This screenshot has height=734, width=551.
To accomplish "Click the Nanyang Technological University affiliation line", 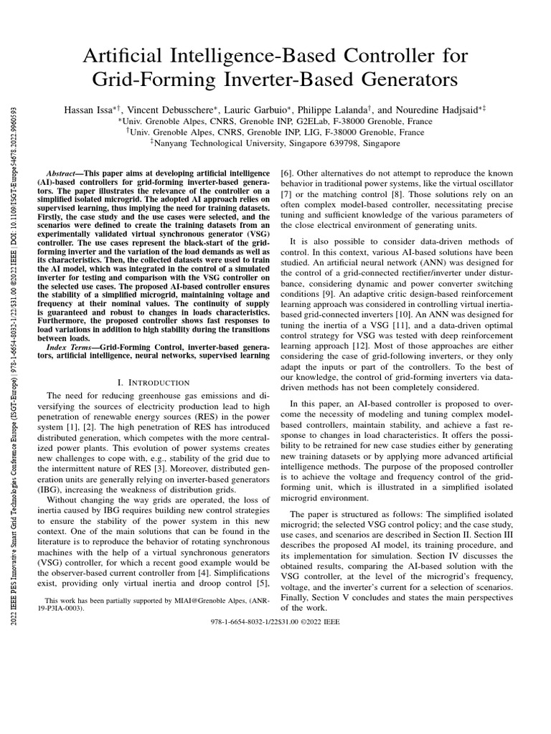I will [275, 143].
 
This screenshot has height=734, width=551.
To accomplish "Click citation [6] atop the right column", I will [286, 174].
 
